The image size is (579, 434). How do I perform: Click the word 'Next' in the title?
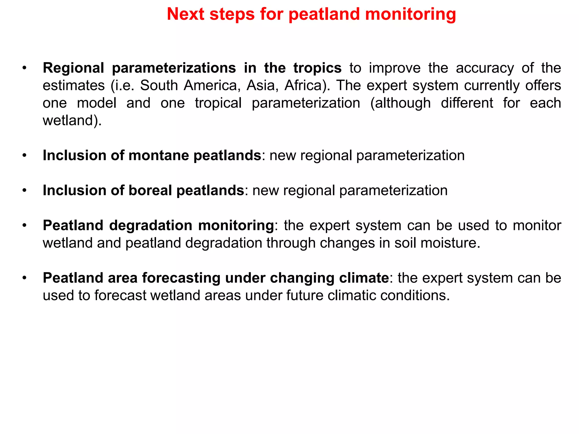(x=185, y=14)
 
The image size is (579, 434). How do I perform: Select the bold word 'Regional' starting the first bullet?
(x=74, y=68)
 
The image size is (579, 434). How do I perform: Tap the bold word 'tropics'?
(x=317, y=68)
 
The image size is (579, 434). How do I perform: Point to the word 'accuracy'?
(x=485, y=68)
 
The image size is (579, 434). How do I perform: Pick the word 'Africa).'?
(x=307, y=86)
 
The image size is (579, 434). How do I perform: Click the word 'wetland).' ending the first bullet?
(x=72, y=121)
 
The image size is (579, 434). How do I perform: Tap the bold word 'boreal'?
(x=150, y=191)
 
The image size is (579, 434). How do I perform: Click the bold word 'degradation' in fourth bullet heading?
(x=150, y=226)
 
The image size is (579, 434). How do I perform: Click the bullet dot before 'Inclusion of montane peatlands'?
(x=25, y=156)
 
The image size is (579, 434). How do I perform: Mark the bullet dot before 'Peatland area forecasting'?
(x=25, y=278)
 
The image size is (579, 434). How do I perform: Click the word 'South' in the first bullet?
(x=159, y=86)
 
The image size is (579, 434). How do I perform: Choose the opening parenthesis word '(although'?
(x=400, y=103)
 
